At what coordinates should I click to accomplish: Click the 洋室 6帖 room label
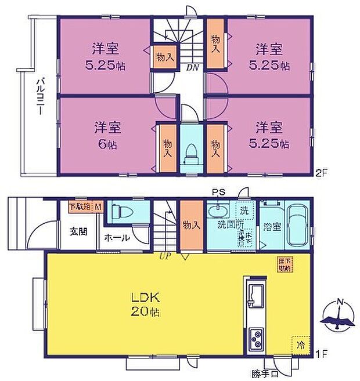click(105, 134)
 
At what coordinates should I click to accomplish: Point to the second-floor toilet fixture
click(190, 155)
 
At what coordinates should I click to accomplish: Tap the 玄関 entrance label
click(79, 231)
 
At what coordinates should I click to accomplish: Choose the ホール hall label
click(117, 238)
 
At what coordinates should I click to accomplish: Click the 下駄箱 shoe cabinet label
click(80, 206)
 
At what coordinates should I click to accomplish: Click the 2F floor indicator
click(322, 172)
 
